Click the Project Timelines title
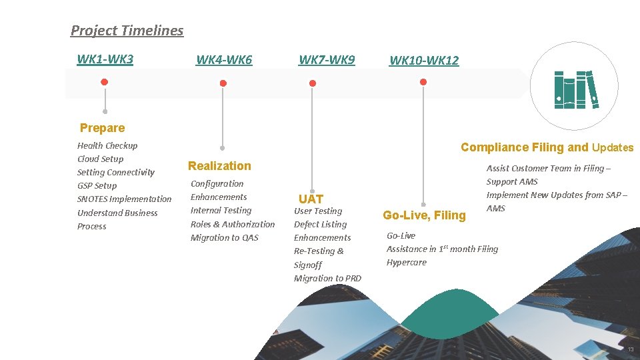[127, 30]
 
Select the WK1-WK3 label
[105, 59]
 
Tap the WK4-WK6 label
[224, 60]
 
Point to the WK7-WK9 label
[327, 59]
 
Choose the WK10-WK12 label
[424, 60]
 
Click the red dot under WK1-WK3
[104, 82]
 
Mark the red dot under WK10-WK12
[423, 82]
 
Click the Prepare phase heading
[102, 128]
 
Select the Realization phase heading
[219, 166]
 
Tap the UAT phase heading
[311, 199]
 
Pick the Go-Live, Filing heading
[424, 215]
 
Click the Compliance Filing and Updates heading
[547, 147]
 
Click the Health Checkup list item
[107, 145]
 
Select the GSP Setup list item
[97, 185]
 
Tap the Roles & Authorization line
[232, 224]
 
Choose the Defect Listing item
[320, 224]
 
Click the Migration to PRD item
[327, 278]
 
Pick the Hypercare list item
[406, 262]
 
